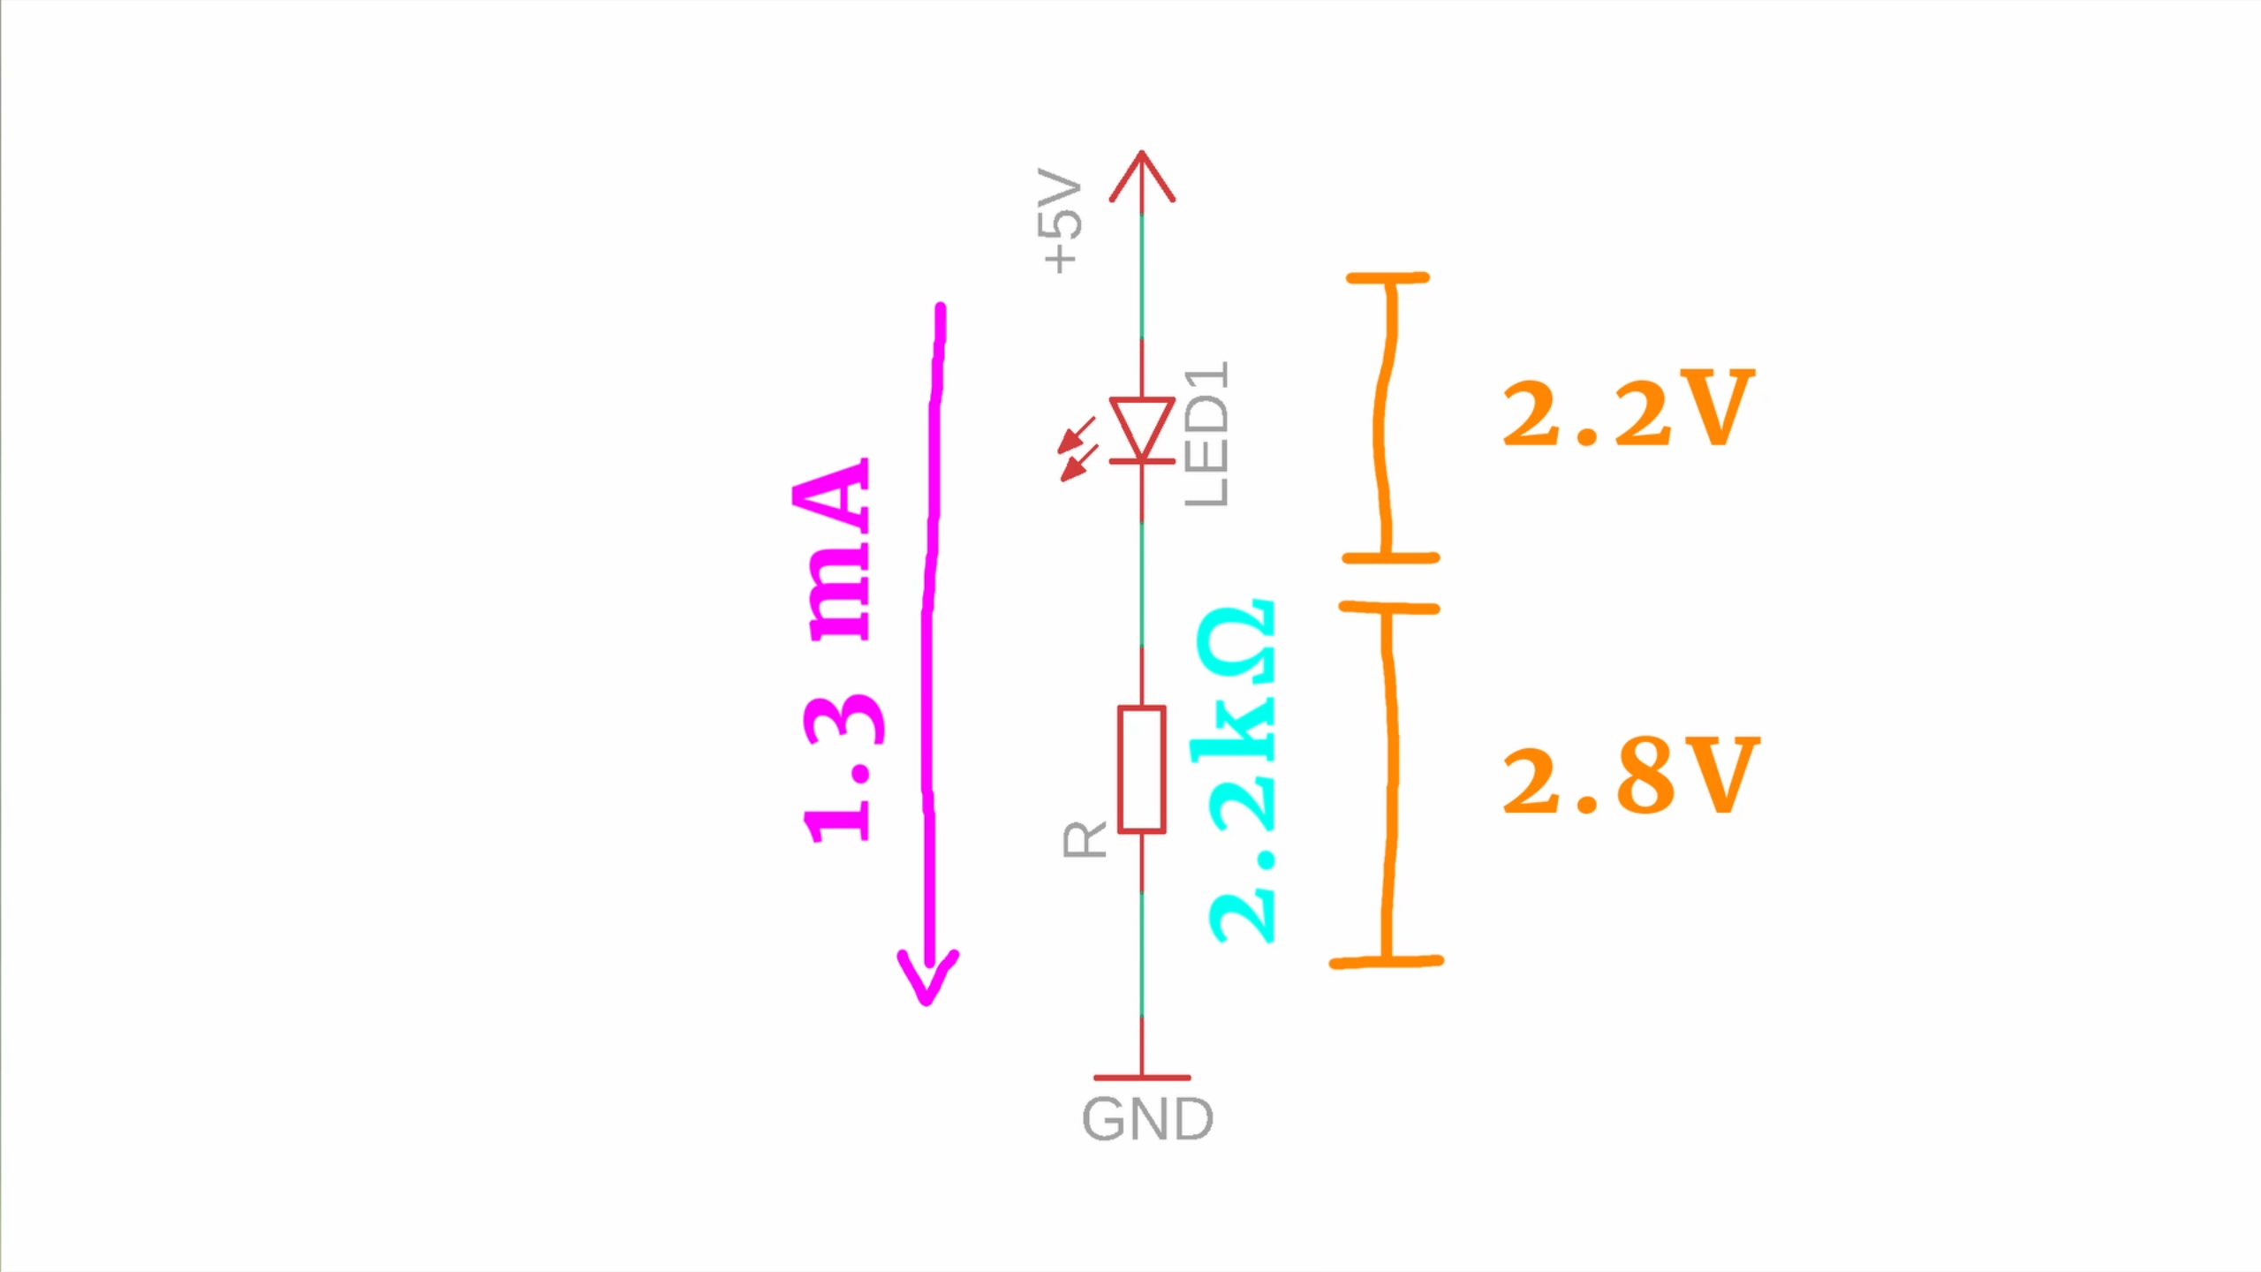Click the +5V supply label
coord(1060,221)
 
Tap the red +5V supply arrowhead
coord(1142,177)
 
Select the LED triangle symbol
coord(1142,429)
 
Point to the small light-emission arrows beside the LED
coord(1078,450)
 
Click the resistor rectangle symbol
coord(1142,769)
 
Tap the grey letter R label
coord(1085,840)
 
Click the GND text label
coord(1147,1119)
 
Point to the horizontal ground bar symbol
coord(1142,1078)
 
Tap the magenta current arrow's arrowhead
coord(927,980)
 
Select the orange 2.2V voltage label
coord(1628,409)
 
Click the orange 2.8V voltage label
coord(1630,776)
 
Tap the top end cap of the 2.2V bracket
coord(1388,278)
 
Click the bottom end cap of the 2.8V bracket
coord(1387,962)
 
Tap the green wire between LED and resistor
coord(1142,583)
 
